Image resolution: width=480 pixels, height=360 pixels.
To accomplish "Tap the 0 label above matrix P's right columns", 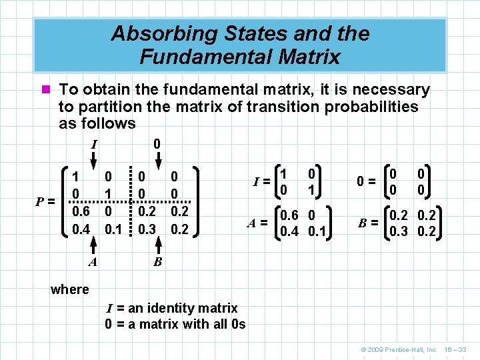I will pyautogui.click(x=156, y=143).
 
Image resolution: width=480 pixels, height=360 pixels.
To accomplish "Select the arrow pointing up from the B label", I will pyautogui.click(x=157, y=248).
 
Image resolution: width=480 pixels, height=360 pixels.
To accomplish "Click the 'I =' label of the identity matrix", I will pyautogui.click(x=261, y=180).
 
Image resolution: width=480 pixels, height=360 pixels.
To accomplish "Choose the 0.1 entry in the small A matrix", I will pyautogui.click(x=316, y=233).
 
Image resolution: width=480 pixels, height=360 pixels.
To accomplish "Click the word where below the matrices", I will pyautogui.click(x=69, y=289).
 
